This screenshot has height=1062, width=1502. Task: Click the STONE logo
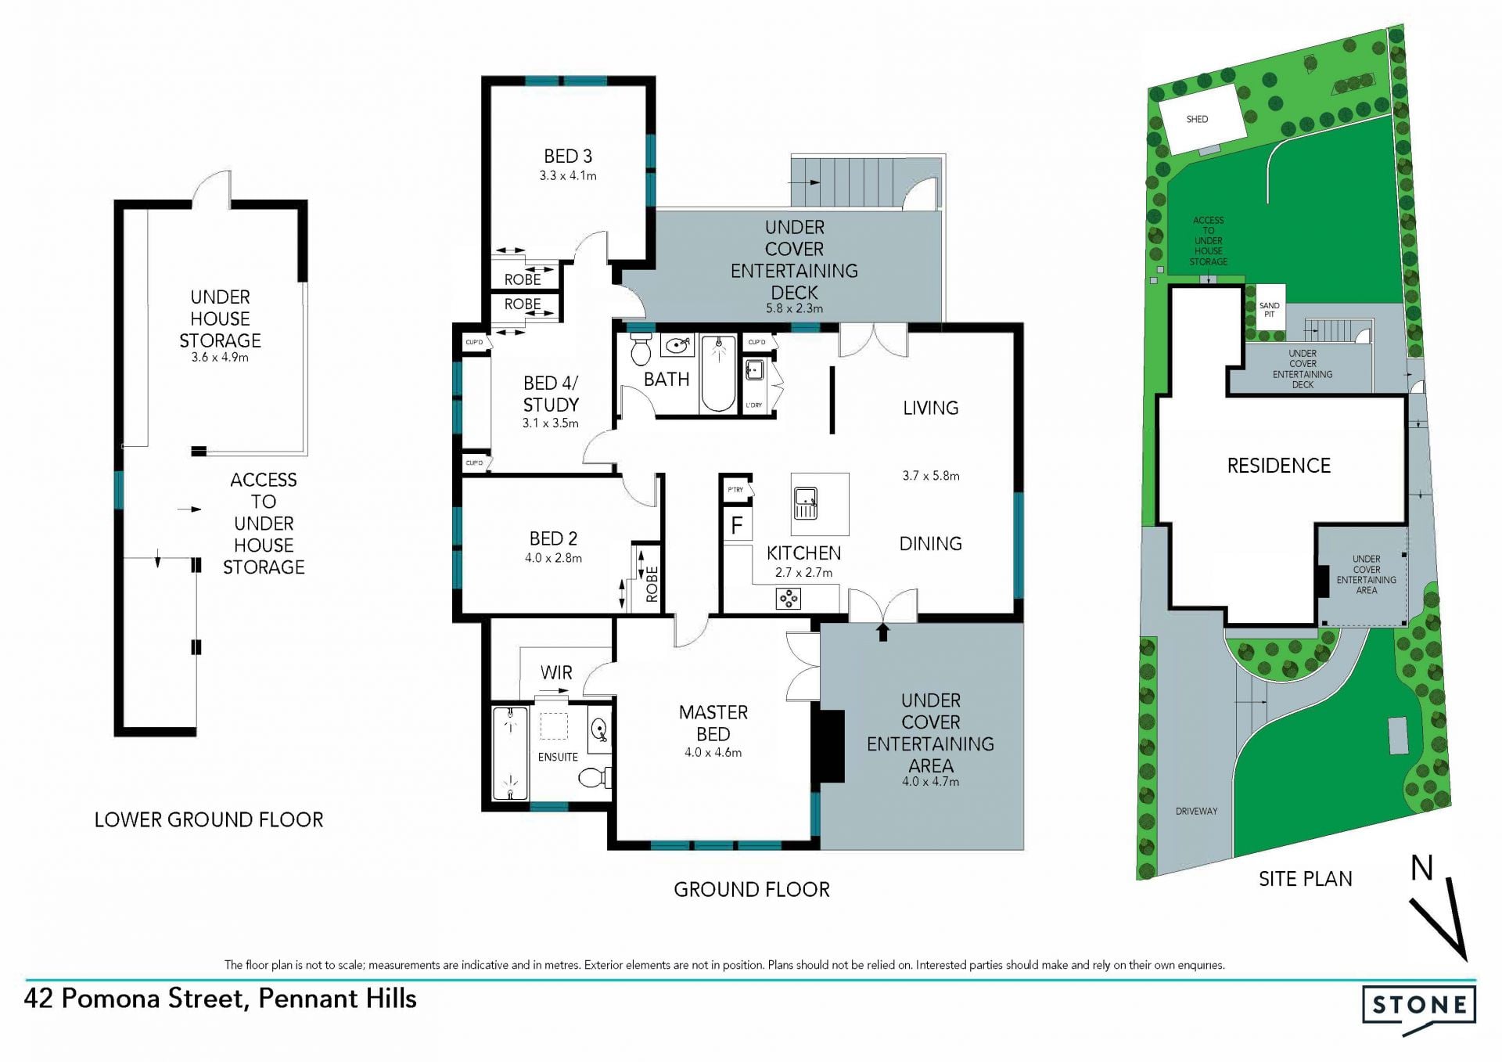[1419, 1009]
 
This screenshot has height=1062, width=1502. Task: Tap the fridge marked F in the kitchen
[737, 524]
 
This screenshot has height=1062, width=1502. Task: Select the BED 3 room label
[568, 157]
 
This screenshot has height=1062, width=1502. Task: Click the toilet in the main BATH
[641, 350]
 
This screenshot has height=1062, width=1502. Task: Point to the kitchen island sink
[806, 502]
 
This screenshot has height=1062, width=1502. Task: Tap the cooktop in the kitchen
[789, 599]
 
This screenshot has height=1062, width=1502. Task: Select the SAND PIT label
[1270, 310]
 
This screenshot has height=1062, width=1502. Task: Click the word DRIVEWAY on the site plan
[1196, 812]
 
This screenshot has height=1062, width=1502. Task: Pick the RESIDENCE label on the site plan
[1278, 466]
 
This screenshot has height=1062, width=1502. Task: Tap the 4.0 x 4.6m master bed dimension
[713, 753]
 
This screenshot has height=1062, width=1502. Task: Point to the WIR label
[556, 672]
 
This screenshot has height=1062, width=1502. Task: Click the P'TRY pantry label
[735, 490]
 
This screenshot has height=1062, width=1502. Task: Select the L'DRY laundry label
[754, 405]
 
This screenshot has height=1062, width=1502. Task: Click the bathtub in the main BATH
[718, 374]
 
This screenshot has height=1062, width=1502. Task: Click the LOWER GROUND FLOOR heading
[209, 819]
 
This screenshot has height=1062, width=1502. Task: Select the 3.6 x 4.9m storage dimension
[220, 358]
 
